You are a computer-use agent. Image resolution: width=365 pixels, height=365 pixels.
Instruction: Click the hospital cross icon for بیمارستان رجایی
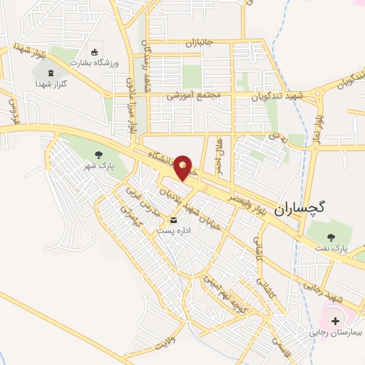[x=335, y=322]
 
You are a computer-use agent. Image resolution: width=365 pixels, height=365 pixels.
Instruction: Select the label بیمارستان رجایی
[x=336, y=333]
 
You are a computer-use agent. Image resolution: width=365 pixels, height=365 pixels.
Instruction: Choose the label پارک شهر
[x=98, y=165]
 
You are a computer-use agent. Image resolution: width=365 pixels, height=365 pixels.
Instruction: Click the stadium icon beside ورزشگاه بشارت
[x=95, y=51]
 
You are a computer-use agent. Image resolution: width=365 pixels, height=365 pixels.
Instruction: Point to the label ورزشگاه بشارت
[x=91, y=62]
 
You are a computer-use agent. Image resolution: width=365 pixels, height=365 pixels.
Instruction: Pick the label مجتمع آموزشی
[x=195, y=95]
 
